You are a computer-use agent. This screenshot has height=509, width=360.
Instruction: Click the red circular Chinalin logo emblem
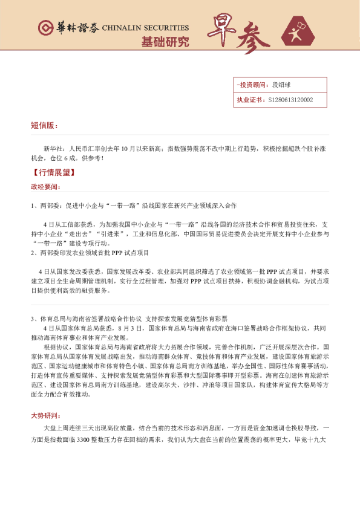(x=44, y=28)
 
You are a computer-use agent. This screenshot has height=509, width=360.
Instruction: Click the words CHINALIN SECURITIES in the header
(x=145, y=28)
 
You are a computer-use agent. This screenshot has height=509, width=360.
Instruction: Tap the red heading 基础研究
(x=165, y=42)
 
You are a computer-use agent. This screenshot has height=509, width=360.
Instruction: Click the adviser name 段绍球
(x=282, y=85)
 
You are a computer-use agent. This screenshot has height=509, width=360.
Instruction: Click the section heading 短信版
(x=44, y=126)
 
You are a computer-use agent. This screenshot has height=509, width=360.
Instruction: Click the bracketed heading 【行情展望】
(x=52, y=172)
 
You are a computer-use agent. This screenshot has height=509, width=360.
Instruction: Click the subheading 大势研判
(x=44, y=416)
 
